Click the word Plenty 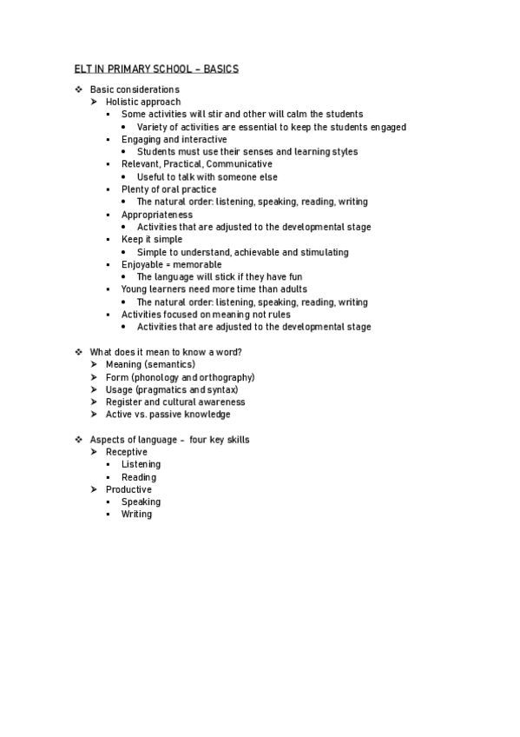point(135,189)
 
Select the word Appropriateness point(157,215)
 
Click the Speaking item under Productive point(141,501)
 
